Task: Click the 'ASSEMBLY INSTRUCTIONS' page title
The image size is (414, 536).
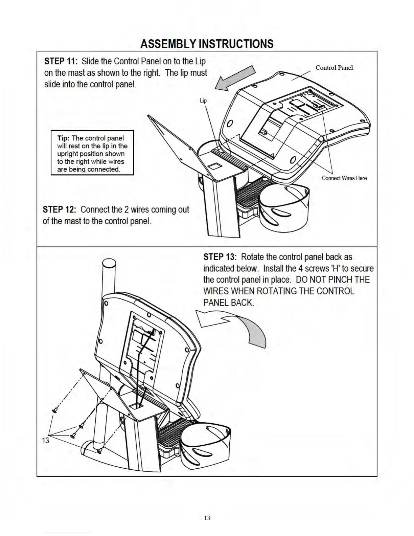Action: (x=207, y=44)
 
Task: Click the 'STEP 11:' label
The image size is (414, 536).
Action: (x=61, y=61)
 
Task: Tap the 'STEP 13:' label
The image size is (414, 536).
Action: (x=220, y=257)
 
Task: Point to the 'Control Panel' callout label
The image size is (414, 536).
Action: (x=334, y=67)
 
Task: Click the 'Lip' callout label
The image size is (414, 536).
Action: (x=203, y=100)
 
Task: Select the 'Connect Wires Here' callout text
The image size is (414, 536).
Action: (x=344, y=178)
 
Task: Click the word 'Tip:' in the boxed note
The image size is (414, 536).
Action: (x=63, y=138)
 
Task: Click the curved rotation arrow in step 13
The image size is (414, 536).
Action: (x=237, y=325)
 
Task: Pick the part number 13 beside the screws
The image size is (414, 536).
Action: (x=45, y=440)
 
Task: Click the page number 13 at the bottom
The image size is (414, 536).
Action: (x=207, y=518)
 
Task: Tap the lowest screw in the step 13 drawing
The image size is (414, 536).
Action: (x=99, y=451)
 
